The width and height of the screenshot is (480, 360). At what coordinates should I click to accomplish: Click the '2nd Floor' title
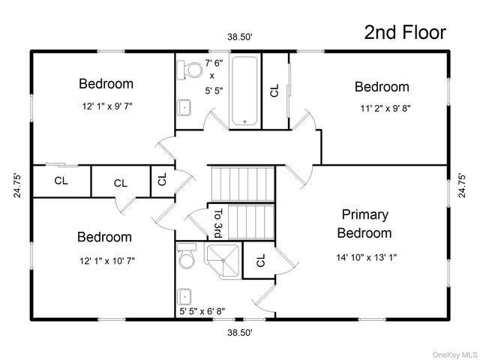coord(405,31)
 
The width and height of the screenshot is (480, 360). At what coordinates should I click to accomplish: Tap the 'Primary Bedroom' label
coord(364,223)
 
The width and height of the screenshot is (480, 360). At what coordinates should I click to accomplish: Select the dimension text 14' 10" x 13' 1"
coord(365,256)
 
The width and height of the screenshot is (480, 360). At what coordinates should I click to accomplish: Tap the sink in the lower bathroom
coord(182,295)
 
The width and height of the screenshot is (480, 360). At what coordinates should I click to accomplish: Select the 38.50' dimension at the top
coord(240,36)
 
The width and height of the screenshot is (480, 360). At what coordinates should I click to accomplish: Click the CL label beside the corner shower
coord(260,260)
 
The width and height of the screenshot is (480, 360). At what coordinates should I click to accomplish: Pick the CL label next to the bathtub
coord(274,90)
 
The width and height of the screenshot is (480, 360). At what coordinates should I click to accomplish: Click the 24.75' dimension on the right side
coord(462,184)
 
